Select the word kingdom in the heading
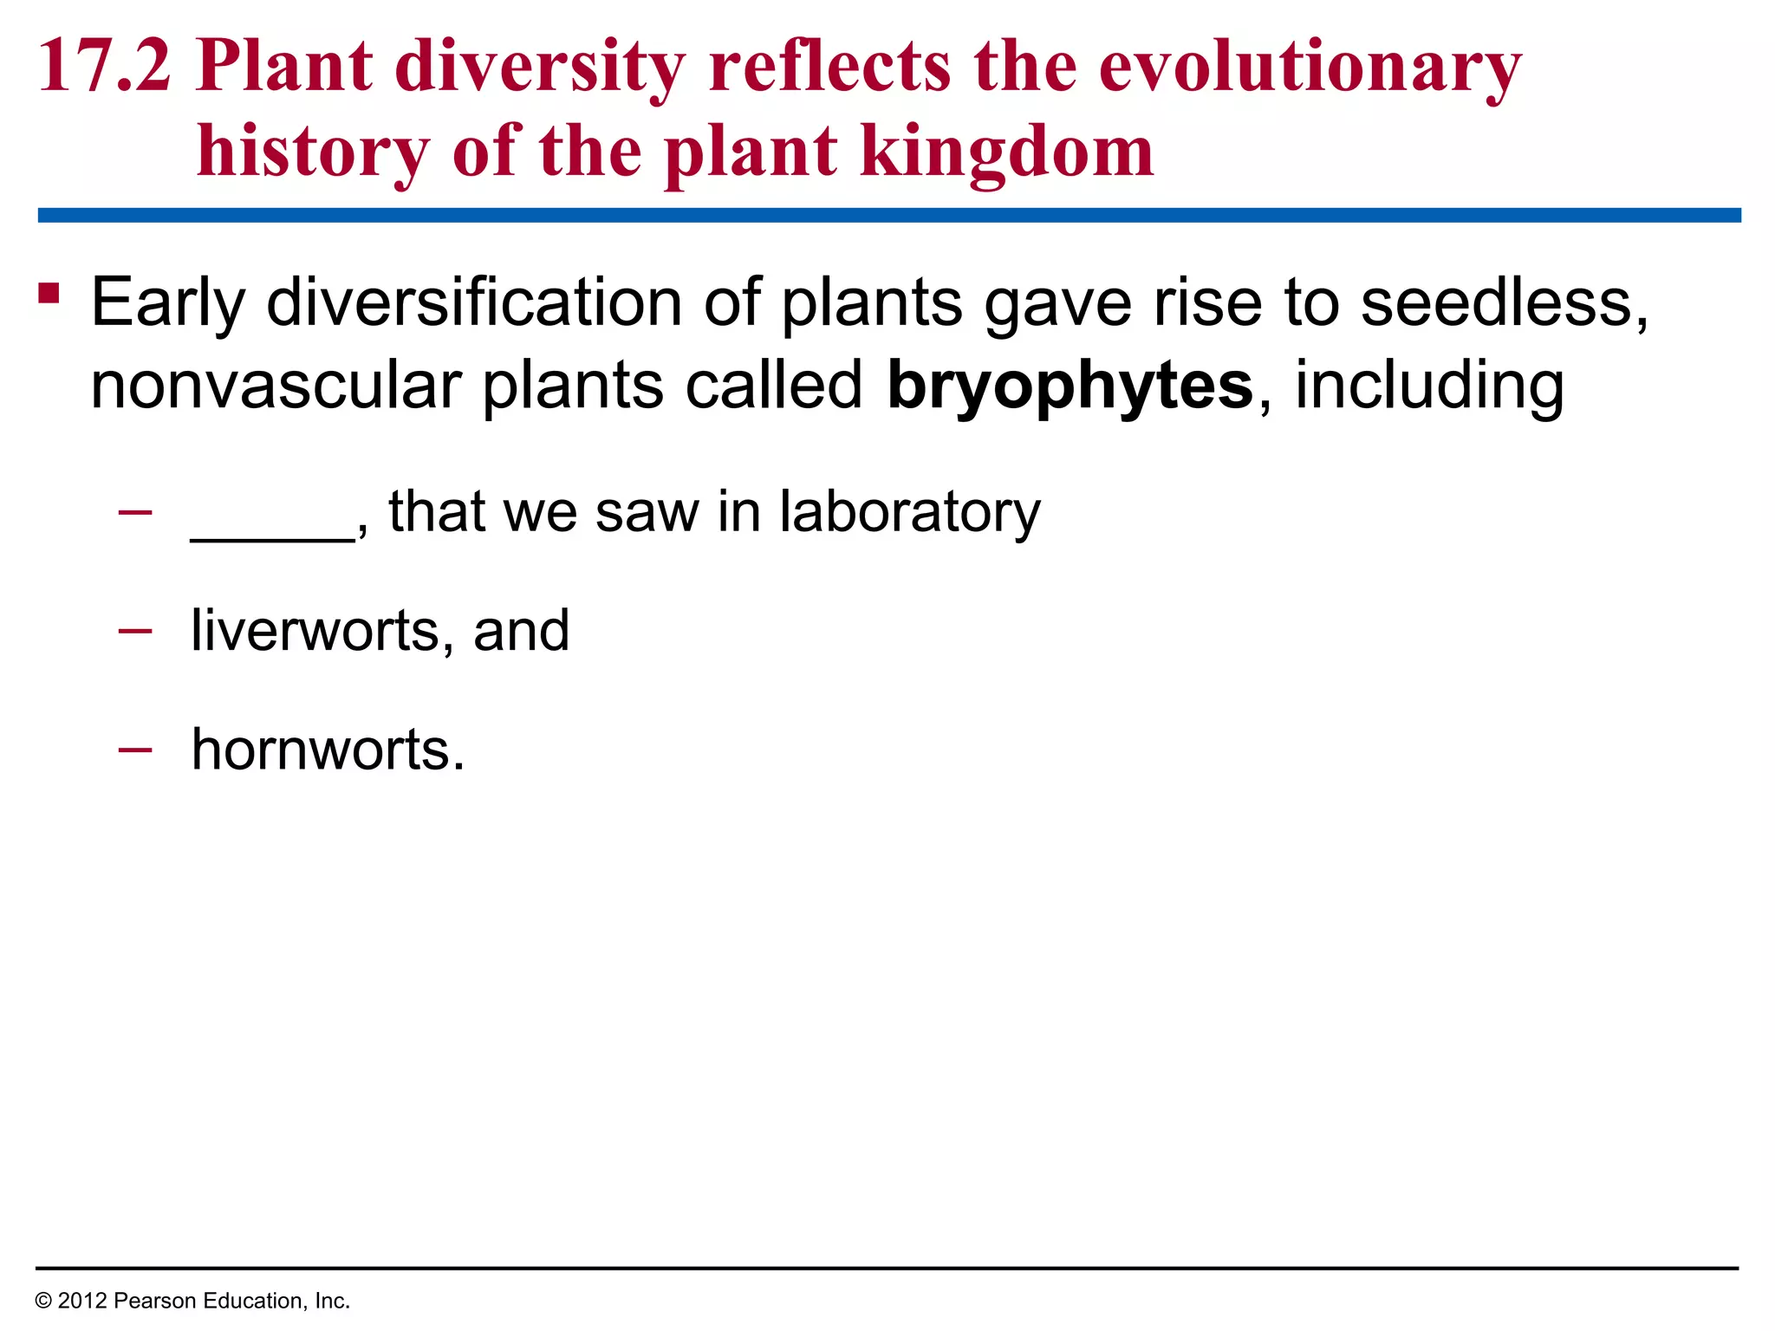coord(1006,151)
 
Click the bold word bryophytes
coord(1070,385)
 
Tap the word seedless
coord(1503,302)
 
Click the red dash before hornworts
coord(135,747)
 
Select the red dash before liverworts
coord(135,629)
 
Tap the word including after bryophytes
coord(1429,385)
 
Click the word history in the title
coord(313,151)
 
